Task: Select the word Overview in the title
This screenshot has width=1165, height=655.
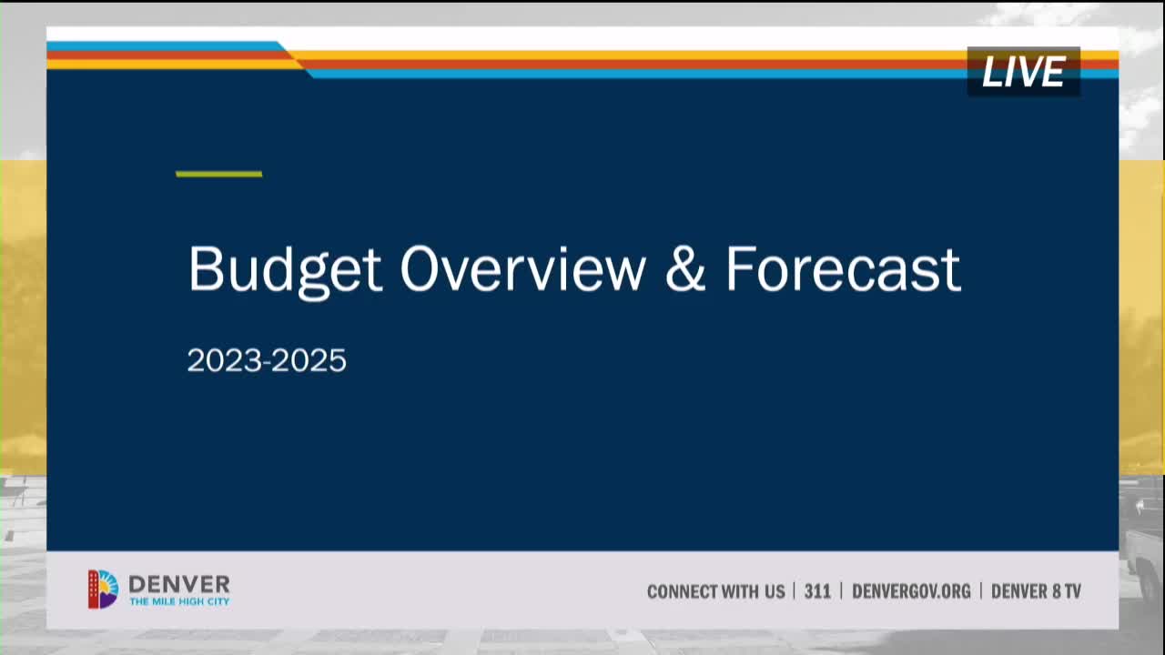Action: [522, 269]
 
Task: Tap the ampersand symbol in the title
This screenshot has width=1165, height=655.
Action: [685, 269]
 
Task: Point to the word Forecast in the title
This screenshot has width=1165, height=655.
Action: [843, 269]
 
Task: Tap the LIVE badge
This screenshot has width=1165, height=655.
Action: [1023, 72]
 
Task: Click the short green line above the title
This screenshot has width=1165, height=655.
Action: [218, 174]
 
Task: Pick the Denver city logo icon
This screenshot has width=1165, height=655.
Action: [103, 589]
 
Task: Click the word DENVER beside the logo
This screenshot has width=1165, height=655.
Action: [179, 584]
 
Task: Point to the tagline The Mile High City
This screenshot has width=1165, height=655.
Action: [179, 602]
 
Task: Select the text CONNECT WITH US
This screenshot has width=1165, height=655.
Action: [715, 591]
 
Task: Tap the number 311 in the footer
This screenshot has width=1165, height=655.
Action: [817, 591]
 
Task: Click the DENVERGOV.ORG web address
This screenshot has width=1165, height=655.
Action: [911, 591]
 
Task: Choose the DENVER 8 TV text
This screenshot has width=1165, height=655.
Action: [1036, 591]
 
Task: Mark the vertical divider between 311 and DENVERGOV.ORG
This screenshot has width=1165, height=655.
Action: [841, 591]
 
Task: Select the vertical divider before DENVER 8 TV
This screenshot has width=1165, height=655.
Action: [981, 591]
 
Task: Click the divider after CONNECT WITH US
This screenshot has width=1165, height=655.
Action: [795, 591]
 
